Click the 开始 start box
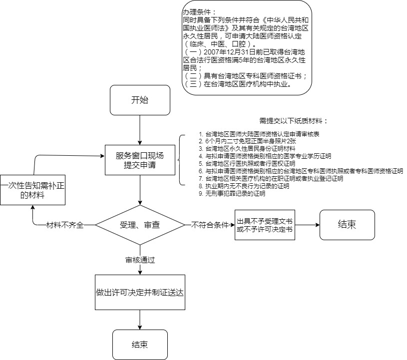tap(139, 100)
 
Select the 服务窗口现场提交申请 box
tap(140, 160)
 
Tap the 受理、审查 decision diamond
tap(140, 225)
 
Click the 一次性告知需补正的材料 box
tap(32, 190)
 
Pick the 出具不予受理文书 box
tap(265, 225)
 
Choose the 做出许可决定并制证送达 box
tap(140, 292)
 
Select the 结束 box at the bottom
tap(139, 345)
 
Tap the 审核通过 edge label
tap(140, 260)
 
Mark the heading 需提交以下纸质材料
tap(294, 121)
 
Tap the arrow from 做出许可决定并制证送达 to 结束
tap(140, 320)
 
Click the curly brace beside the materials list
tap(181, 160)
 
